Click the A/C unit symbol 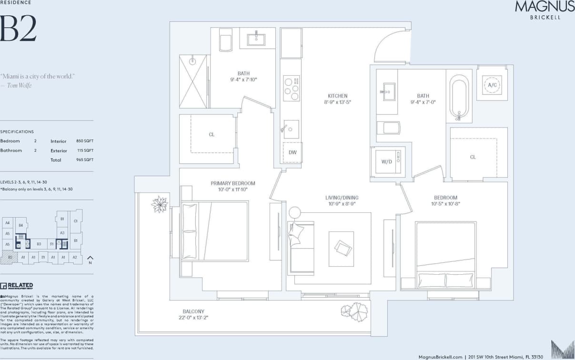pyautogui.click(x=492, y=85)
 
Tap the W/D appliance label pyautogui.click(x=386, y=161)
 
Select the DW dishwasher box pyautogui.click(x=293, y=152)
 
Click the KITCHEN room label pyautogui.click(x=337, y=96)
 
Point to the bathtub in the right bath pyautogui.click(x=459, y=98)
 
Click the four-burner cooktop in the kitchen pyautogui.click(x=292, y=88)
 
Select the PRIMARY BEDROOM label pyautogui.click(x=233, y=183)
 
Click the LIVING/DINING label pyautogui.click(x=342, y=198)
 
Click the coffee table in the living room pyautogui.click(x=341, y=248)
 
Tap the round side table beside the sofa pyautogui.click(x=294, y=212)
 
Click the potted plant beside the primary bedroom pyautogui.click(x=160, y=204)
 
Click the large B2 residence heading pyautogui.click(x=18, y=29)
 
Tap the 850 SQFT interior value pyautogui.click(x=85, y=141)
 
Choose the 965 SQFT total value pyautogui.click(x=85, y=160)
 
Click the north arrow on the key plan pyautogui.click(x=90, y=259)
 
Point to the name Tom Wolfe pyautogui.click(x=20, y=85)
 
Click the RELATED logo pyautogui.click(x=17, y=286)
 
